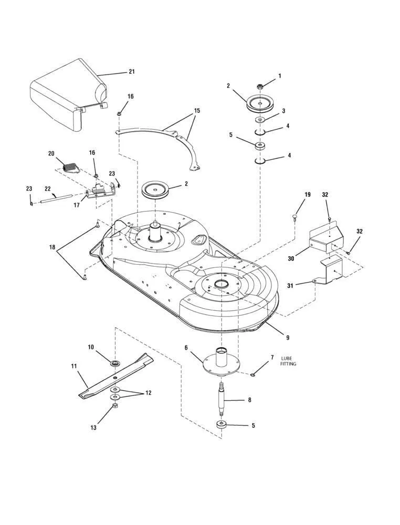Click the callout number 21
tap(131, 72)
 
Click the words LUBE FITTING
tap(289, 361)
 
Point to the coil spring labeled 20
tap(69, 167)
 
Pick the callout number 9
tap(287, 337)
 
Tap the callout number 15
tap(197, 111)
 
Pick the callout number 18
tap(51, 247)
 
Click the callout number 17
tap(77, 205)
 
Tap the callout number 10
tap(91, 347)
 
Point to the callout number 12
tap(148, 393)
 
